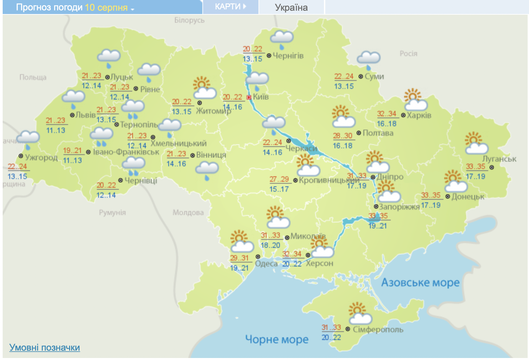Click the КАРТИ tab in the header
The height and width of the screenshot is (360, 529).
[x=230, y=7]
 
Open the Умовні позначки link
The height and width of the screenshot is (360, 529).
[x=44, y=348]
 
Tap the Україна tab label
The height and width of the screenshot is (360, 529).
[x=291, y=7]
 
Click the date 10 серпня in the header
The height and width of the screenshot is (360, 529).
[x=106, y=7]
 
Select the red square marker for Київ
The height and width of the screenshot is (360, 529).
[x=249, y=97]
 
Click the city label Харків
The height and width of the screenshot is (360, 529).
[x=419, y=115]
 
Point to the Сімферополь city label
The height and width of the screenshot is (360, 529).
[x=378, y=330]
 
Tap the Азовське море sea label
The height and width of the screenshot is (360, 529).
[x=420, y=283]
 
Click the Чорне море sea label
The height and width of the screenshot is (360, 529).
[x=277, y=339]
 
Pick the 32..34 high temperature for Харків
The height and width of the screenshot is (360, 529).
[x=387, y=114]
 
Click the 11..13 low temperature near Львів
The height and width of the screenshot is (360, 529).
[x=56, y=130]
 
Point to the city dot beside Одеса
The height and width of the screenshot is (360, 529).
[x=258, y=256]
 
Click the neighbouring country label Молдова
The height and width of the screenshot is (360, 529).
[x=188, y=212]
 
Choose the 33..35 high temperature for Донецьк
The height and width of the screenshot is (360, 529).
[x=431, y=195]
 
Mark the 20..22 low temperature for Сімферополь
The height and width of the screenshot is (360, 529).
[x=331, y=337]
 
